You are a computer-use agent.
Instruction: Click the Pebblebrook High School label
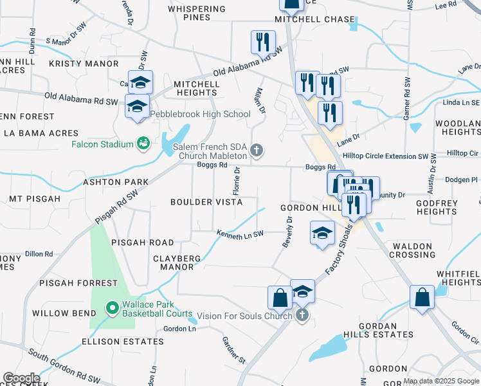(200, 115)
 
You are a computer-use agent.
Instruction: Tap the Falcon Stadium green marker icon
(143, 144)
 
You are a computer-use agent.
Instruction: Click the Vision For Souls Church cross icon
(302, 315)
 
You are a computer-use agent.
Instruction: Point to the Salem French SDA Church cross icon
(257, 151)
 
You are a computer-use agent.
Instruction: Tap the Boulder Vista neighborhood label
(206, 202)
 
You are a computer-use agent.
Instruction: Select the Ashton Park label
(116, 183)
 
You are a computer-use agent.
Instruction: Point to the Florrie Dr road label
(237, 181)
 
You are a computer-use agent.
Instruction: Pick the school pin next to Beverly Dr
(322, 233)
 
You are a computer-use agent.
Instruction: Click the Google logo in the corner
(21, 378)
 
